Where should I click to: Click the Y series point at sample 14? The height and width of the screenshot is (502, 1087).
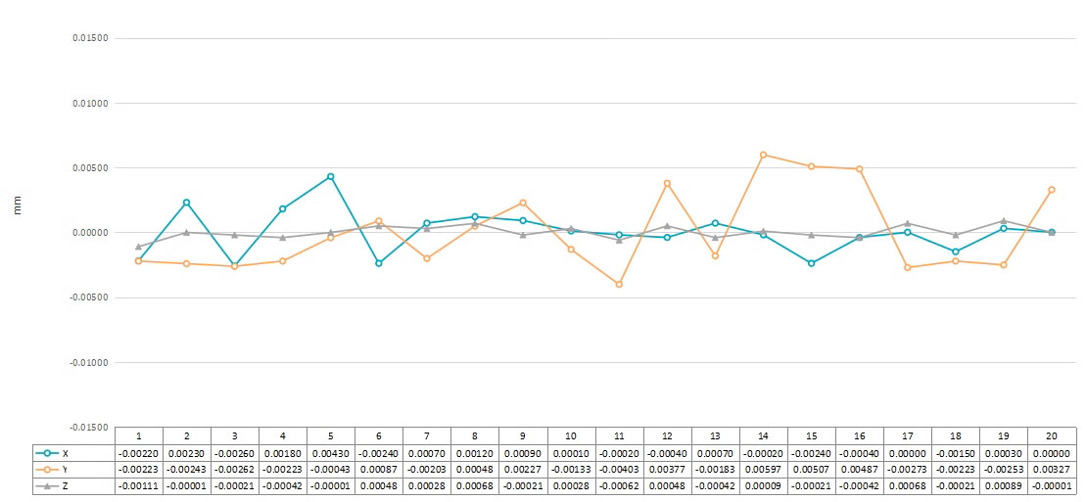[x=763, y=155]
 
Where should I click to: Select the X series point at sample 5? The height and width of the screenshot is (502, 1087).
[x=331, y=177]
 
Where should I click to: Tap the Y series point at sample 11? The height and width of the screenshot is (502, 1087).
[x=619, y=285]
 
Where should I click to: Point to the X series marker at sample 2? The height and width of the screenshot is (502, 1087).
[x=186, y=203]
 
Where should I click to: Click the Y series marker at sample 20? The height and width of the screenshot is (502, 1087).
[x=1052, y=190]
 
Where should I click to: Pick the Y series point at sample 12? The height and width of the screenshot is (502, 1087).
[x=667, y=183]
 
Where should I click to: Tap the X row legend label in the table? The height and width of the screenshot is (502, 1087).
[x=66, y=453]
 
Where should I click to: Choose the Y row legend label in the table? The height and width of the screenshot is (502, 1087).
[x=66, y=470]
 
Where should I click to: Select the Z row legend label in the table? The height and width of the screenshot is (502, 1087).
[x=66, y=486]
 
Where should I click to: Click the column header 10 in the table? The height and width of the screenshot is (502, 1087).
[x=571, y=436]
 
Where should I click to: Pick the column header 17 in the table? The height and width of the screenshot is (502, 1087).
[x=907, y=436]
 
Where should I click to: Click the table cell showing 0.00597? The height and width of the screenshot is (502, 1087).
[x=763, y=470]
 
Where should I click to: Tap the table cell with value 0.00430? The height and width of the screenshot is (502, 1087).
[x=331, y=453]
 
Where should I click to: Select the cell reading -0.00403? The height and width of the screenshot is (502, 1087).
[x=619, y=470]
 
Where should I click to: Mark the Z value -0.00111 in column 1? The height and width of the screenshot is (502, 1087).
[x=139, y=486]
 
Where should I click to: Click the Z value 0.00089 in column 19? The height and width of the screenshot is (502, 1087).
[x=1003, y=486]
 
